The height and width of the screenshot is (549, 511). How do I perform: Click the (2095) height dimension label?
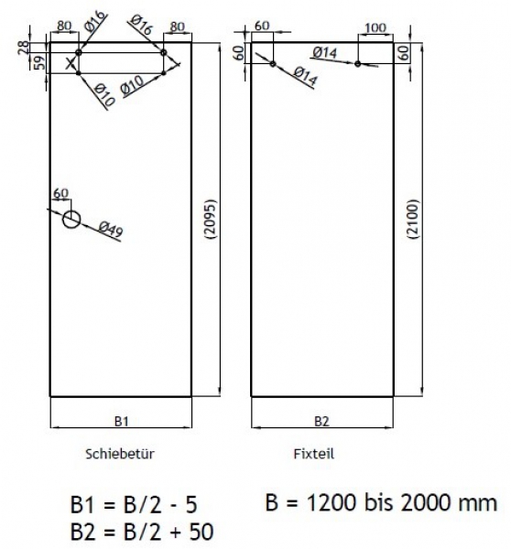(x=211, y=220)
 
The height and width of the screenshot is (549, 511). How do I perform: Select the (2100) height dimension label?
(x=412, y=220)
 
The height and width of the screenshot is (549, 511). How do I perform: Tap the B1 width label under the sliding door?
(x=120, y=421)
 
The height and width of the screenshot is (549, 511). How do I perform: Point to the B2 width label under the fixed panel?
(x=321, y=421)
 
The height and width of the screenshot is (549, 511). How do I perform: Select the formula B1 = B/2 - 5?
(x=134, y=505)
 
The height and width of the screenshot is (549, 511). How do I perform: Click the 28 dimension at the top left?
(x=36, y=46)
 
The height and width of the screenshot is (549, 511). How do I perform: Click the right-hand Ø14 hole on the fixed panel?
(x=358, y=63)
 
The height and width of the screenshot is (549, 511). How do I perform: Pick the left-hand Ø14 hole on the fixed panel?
(x=273, y=62)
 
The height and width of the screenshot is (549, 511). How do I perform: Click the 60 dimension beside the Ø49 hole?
(x=61, y=194)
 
